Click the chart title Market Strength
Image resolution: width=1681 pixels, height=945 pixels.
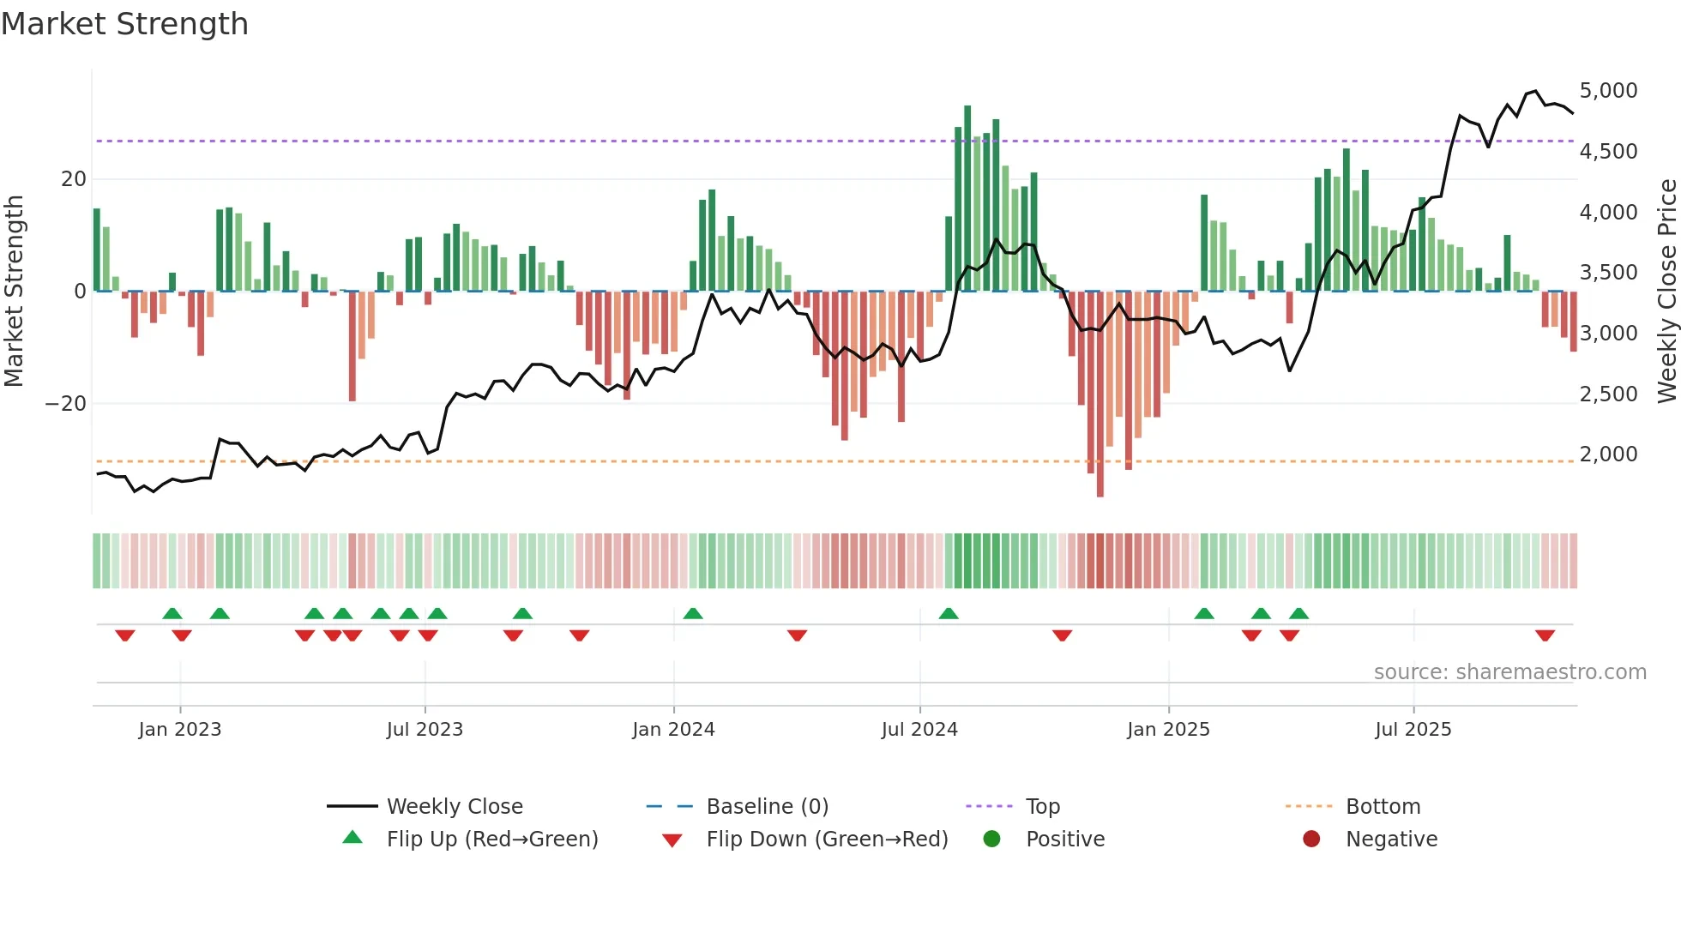tap(124, 24)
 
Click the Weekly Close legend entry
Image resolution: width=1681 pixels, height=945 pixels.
tap(454, 807)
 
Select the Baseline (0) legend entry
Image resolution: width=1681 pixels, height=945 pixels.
tap(767, 807)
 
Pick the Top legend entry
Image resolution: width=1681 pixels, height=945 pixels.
tap(1042, 807)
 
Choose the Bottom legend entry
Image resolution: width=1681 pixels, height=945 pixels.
tap(1383, 807)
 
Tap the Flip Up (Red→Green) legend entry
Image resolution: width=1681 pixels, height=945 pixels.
tap(491, 840)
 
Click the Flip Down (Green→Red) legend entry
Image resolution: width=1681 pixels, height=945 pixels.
tap(827, 840)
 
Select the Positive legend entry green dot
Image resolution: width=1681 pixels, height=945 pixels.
tap(992, 840)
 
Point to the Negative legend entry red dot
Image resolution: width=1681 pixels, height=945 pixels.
tap(1311, 840)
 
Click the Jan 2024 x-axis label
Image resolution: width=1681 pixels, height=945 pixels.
tap(673, 730)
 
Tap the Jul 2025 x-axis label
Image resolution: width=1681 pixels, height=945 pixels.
tap(1413, 730)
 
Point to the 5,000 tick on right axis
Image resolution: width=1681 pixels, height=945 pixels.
tap(1608, 91)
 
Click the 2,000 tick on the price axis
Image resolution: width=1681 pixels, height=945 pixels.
tap(1608, 454)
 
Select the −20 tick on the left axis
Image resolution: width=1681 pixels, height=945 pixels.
tap(66, 404)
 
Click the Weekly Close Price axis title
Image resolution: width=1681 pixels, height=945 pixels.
tap(1666, 292)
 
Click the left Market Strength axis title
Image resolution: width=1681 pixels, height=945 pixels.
tap(15, 292)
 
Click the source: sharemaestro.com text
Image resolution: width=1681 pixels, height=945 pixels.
tap(1509, 672)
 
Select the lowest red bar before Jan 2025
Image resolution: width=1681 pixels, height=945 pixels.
tap(1100, 394)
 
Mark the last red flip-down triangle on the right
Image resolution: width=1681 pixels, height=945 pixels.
tap(1545, 635)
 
